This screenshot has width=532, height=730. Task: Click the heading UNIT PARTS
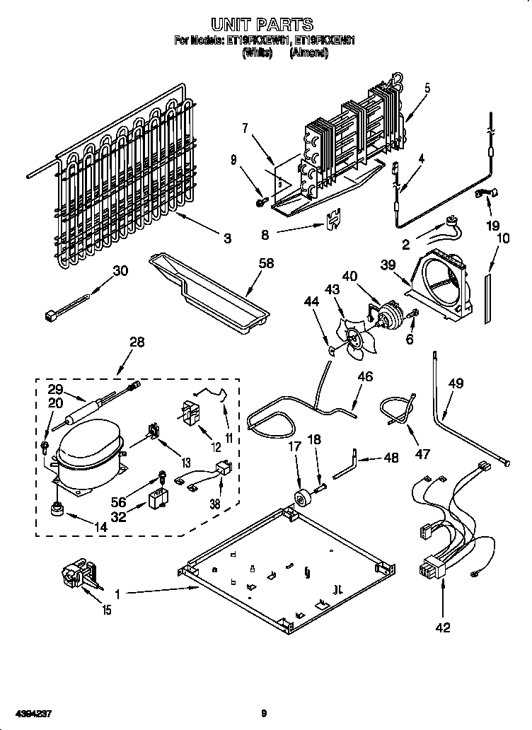[262, 26]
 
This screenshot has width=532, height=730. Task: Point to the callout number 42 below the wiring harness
[442, 627]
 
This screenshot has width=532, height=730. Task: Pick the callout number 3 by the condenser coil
[227, 239]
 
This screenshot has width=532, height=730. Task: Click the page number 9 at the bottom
[263, 714]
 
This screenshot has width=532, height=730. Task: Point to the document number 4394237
[30, 714]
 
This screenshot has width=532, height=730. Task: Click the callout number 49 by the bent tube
[456, 384]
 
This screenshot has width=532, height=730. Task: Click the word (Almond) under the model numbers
[309, 53]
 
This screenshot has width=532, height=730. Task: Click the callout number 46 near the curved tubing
[364, 377]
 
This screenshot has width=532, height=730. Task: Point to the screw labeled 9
[260, 203]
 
